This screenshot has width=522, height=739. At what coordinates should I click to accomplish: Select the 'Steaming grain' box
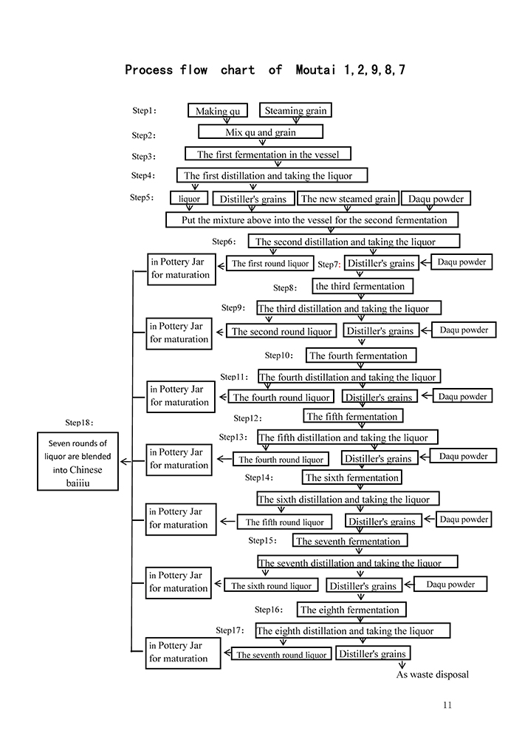click(x=295, y=110)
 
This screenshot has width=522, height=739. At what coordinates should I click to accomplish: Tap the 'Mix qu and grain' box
click(x=261, y=132)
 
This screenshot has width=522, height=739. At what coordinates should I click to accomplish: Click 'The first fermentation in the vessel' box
click(x=267, y=154)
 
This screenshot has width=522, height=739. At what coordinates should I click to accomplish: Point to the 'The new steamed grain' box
click(x=348, y=198)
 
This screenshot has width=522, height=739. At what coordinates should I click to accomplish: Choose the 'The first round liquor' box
click(x=270, y=263)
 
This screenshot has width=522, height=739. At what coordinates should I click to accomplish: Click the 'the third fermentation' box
click(x=360, y=286)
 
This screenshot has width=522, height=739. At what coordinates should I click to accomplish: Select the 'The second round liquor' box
click(x=282, y=332)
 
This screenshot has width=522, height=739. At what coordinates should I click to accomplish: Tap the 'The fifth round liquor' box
click(x=284, y=522)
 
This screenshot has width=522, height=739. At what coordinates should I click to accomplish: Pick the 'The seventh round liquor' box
click(x=281, y=655)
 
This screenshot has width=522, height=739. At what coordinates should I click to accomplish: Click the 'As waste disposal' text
click(x=433, y=674)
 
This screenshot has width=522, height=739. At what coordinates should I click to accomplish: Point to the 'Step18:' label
click(x=80, y=423)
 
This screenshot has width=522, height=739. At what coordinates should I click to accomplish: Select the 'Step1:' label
click(x=144, y=111)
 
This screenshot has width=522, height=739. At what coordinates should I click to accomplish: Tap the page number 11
click(x=447, y=705)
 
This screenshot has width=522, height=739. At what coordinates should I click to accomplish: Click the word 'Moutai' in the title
click(x=316, y=70)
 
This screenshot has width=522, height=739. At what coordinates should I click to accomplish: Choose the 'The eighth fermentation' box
click(x=349, y=610)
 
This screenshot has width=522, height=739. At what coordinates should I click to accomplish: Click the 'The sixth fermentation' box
click(x=352, y=477)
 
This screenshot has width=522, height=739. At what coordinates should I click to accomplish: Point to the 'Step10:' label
click(x=278, y=355)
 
